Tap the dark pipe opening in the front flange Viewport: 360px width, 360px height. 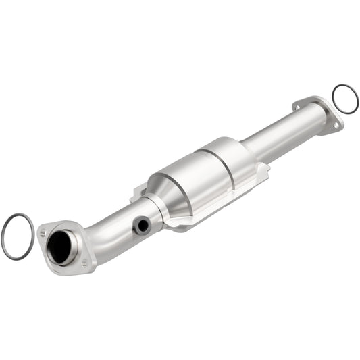[x=61, y=248]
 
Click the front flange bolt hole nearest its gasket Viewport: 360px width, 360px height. [x=43, y=232]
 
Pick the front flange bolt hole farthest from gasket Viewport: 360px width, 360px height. [x=84, y=261]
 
